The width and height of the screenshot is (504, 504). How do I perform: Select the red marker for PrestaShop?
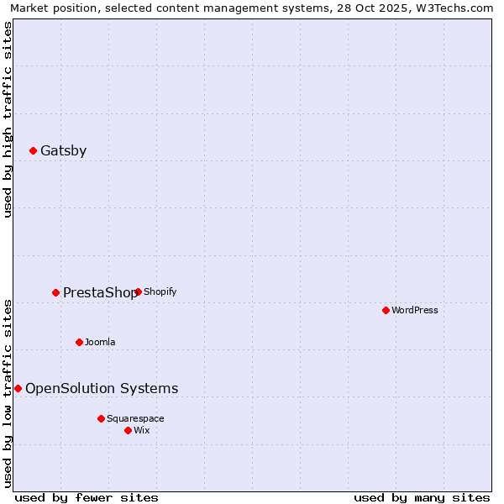pyautogui.click(x=56, y=293)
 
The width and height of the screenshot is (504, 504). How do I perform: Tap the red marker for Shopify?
pyautogui.click(x=138, y=292)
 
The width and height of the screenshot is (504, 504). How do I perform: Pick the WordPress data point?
pyautogui.click(x=386, y=311)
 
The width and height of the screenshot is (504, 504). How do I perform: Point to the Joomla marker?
pyautogui.click(x=80, y=343)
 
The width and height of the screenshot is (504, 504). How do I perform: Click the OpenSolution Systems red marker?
pyautogui.click(x=18, y=389)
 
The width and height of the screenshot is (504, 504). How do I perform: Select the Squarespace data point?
pyautogui.click(x=102, y=419)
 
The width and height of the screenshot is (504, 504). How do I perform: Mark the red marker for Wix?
pyautogui.click(x=129, y=431)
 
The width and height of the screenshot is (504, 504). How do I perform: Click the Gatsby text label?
pyautogui.click(x=63, y=151)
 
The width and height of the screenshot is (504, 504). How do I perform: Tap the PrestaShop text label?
pyautogui.click(x=100, y=293)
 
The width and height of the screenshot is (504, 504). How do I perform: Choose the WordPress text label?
pyautogui.click(x=415, y=311)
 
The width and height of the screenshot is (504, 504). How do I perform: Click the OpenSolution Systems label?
pyautogui.click(x=102, y=389)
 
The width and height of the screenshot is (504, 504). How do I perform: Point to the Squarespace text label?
pyautogui.click(x=135, y=419)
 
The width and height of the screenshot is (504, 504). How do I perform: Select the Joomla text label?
pyautogui.click(x=100, y=343)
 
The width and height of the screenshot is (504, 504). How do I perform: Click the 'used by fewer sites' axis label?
pyautogui.click(x=87, y=498)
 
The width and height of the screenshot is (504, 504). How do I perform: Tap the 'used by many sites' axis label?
pyautogui.click(x=422, y=498)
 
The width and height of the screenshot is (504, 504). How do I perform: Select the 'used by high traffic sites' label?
pyautogui.click(x=8, y=119)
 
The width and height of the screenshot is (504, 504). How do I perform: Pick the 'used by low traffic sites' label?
pyautogui.click(x=8, y=393)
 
